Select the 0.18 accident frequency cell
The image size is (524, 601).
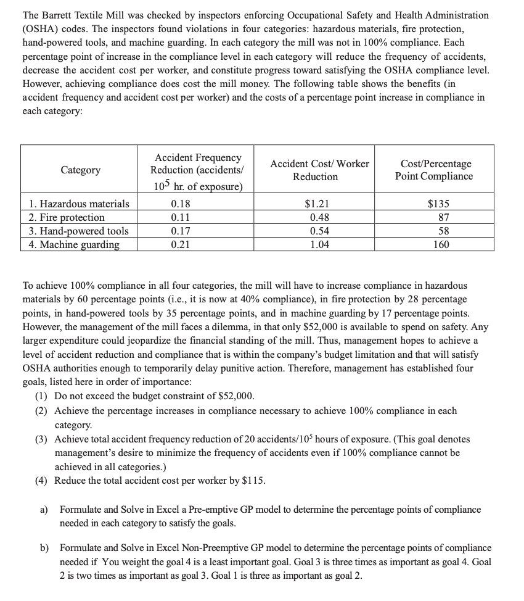coord(180,204)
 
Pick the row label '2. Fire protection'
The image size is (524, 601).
coord(67,217)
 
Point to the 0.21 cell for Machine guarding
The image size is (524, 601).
coord(180,244)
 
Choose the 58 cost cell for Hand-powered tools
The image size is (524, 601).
coord(442,231)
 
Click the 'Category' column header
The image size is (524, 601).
coord(80,170)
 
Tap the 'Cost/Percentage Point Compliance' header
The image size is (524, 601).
coord(434,170)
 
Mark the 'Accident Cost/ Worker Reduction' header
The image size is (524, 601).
coord(319,170)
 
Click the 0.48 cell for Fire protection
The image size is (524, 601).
coord(319,217)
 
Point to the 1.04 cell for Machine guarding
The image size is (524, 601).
coord(319,244)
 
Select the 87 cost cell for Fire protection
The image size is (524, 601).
coord(442,217)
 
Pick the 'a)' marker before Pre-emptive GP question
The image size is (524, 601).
coord(44,510)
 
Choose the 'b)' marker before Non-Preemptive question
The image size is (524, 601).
coord(44,548)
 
